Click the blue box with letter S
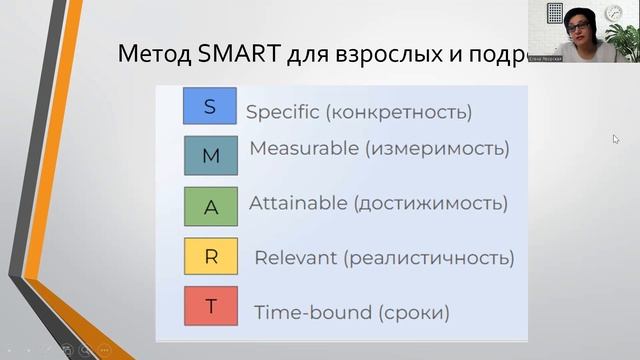coord(210,106)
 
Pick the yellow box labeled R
coord(210,257)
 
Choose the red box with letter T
coord(210,306)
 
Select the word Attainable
coord(298,203)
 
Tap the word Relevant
coord(296,258)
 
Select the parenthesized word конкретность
coord(407,112)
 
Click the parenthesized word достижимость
coord(430,203)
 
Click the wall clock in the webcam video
coord(614,13)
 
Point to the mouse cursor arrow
coord(616,139)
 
